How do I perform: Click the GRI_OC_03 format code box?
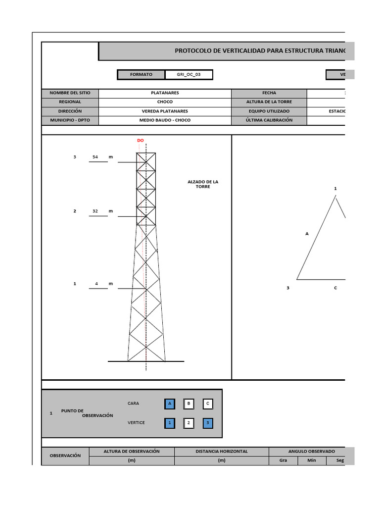(189, 75)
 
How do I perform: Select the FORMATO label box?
(141, 75)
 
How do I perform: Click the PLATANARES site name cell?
(165, 93)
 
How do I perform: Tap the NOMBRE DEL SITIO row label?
(70, 93)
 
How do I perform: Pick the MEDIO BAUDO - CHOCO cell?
(165, 120)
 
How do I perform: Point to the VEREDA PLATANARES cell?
(165, 111)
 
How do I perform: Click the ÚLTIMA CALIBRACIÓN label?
(269, 120)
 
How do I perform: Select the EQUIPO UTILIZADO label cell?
(269, 111)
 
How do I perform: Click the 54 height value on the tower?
(95, 157)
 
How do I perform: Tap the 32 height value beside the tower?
(95, 211)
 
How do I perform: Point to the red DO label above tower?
(141, 141)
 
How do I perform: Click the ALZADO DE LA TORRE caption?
(203, 184)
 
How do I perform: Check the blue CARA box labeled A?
(170, 404)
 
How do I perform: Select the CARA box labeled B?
(189, 404)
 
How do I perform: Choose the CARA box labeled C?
(208, 404)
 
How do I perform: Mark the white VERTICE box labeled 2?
(189, 423)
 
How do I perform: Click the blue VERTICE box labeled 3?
(208, 423)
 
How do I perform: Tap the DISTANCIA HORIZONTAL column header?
(222, 452)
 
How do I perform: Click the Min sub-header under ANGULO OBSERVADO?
(312, 460)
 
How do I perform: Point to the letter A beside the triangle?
(307, 234)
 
